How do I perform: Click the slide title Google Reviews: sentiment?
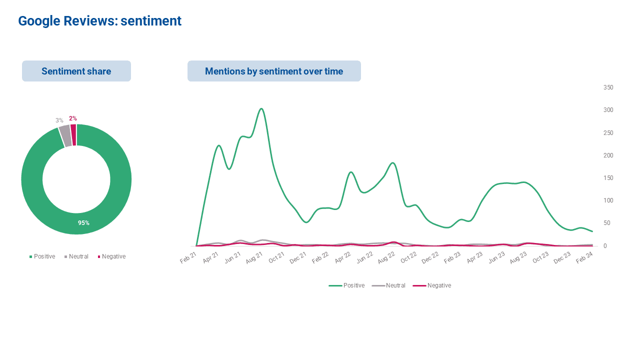point(99,21)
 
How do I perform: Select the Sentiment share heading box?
point(76,71)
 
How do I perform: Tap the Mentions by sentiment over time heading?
point(274,71)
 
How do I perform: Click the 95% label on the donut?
point(83,223)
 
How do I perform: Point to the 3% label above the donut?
point(59,120)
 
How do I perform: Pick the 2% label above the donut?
point(73,118)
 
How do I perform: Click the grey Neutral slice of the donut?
point(65,135)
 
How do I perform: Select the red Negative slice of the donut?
point(73,135)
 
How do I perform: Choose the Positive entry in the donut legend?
point(42,256)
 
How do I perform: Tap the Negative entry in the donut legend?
point(111,256)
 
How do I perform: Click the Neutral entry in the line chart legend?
point(388,285)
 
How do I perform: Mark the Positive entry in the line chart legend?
point(346,285)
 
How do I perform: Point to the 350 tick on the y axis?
point(608,87)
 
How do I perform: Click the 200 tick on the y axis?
point(608,155)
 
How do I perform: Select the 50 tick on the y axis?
point(607,223)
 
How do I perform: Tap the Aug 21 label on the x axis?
point(254,257)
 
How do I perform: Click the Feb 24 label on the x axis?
point(584,257)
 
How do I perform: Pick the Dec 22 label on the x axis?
point(430,257)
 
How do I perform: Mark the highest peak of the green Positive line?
point(261,108)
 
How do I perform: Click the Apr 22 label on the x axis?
point(342,257)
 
